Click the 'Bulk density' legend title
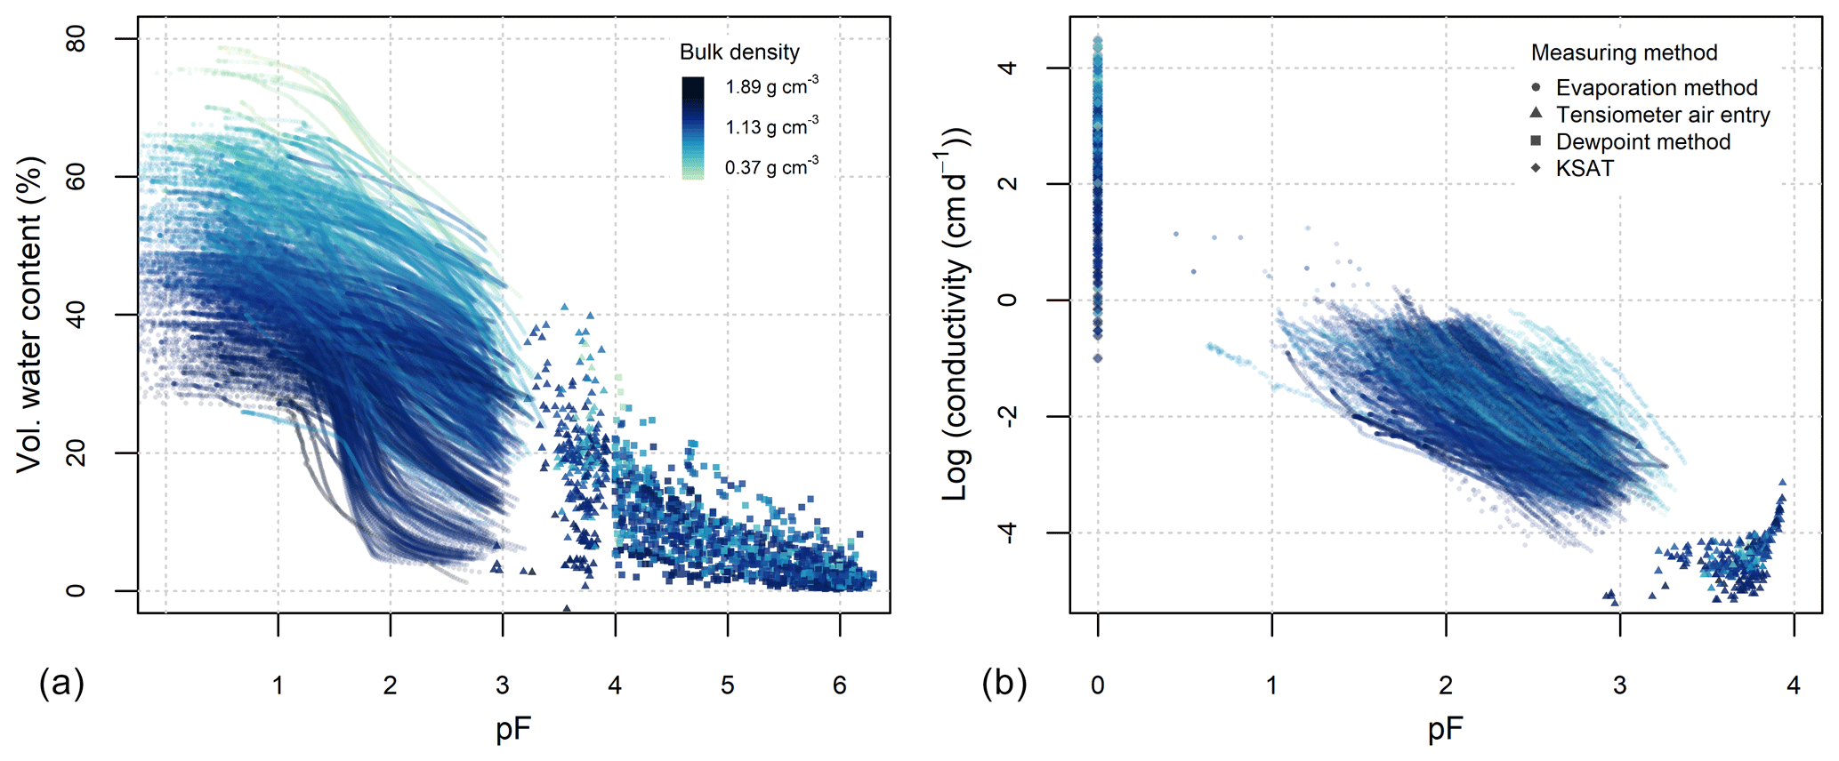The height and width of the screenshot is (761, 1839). (x=739, y=52)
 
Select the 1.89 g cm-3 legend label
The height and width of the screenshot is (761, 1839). (x=771, y=86)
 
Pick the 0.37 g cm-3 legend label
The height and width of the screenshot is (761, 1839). (x=771, y=166)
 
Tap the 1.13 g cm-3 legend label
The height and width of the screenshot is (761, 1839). (x=771, y=126)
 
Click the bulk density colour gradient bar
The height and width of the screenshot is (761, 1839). (x=693, y=128)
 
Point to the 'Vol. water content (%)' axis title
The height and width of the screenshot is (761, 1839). (x=30, y=315)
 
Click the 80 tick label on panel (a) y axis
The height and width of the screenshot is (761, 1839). (x=77, y=39)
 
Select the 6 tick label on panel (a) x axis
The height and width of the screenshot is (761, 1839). (x=839, y=685)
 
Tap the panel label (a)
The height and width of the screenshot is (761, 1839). (x=61, y=684)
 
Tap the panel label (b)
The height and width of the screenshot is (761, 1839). (x=1004, y=684)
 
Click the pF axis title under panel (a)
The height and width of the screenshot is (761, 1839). (x=513, y=730)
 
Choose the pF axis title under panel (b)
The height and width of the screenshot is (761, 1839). (x=1445, y=730)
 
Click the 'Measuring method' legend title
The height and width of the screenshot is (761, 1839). (x=1624, y=52)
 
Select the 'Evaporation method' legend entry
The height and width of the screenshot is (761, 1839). (x=1656, y=88)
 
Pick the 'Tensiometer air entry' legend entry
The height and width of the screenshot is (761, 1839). (x=1662, y=115)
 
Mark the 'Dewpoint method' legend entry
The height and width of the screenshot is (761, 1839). (x=1642, y=141)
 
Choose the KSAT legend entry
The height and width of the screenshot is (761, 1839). (x=1584, y=168)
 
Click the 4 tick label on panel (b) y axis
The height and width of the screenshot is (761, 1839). (x=1008, y=68)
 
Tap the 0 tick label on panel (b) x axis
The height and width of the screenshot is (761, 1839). (x=1098, y=685)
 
